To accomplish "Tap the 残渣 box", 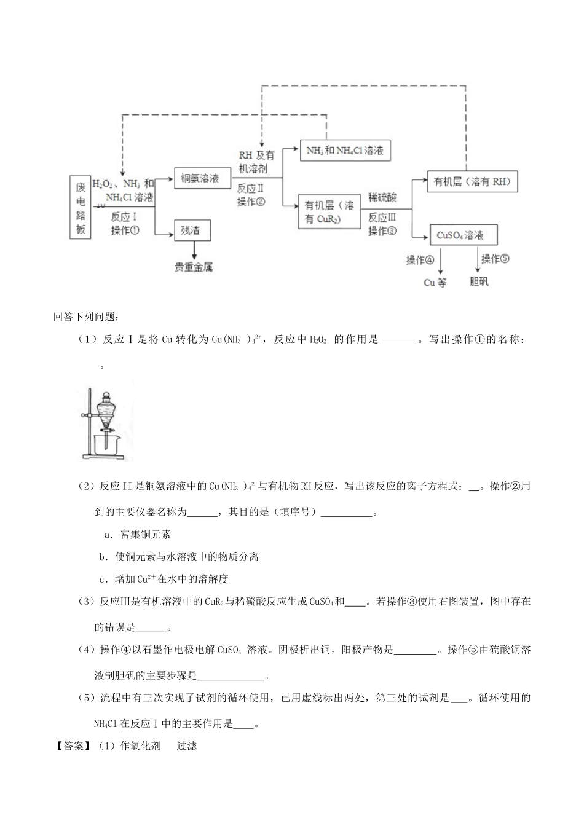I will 192,231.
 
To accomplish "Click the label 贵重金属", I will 194,267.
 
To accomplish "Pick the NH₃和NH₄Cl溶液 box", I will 345,150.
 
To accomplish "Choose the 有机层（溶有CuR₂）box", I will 329,212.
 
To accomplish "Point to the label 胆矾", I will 478,283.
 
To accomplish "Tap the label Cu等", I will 435,283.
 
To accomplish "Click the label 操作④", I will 420,261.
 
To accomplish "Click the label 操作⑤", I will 495,259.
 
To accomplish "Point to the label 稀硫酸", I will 382,199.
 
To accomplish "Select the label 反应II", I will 250,189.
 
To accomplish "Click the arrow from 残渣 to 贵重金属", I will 195,250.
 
